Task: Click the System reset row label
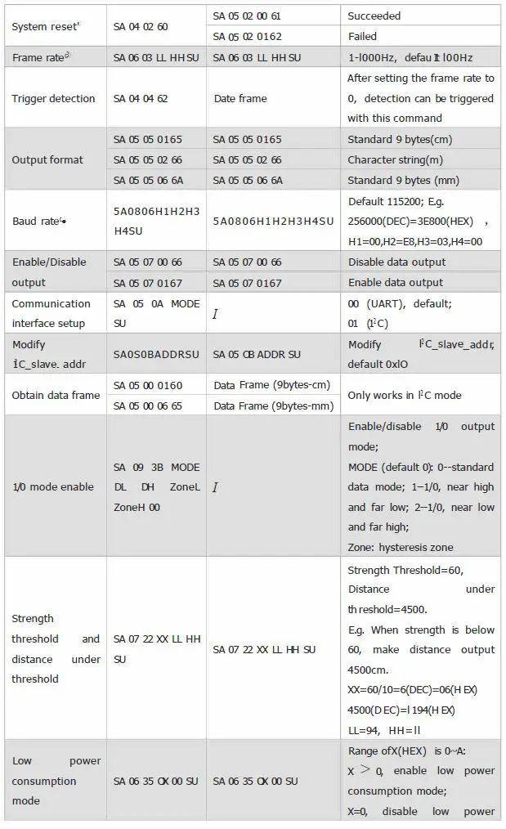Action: [45, 26]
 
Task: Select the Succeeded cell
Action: [374, 16]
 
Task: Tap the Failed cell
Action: [362, 37]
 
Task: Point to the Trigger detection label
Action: [53, 99]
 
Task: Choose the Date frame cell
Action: [240, 99]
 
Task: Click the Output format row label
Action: [47, 160]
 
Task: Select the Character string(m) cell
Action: [396, 160]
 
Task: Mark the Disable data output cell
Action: [396, 262]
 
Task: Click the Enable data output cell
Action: [395, 283]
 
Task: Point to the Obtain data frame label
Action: [56, 396]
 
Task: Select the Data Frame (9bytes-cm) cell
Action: [272, 385]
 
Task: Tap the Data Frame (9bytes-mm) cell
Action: [273, 406]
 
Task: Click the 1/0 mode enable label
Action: [52, 487]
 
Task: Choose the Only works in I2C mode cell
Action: [404, 396]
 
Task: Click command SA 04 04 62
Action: [141, 99]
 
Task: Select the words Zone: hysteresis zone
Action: [401, 548]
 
